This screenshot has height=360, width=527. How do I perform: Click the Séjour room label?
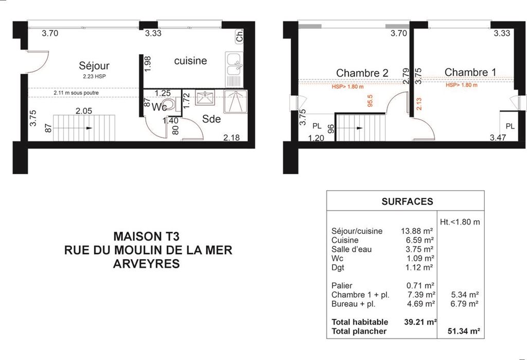point(94,66)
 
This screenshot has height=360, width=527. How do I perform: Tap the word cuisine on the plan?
point(190,61)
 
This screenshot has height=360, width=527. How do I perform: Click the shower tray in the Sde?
point(235,101)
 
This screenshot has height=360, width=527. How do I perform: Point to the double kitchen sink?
point(234,70)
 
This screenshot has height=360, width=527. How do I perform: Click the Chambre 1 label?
point(470,72)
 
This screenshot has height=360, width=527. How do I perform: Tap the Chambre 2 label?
point(362,73)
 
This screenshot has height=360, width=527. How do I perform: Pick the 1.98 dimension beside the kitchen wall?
point(148,63)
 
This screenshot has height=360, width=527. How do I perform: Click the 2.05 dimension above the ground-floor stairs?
point(84,111)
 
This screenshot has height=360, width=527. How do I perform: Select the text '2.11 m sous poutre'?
point(76,93)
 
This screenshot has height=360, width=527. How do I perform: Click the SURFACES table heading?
point(407,201)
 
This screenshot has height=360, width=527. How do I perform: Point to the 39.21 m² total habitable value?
point(420,322)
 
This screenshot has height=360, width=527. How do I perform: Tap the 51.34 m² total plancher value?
point(464,331)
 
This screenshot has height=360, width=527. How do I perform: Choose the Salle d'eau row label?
point(351,249)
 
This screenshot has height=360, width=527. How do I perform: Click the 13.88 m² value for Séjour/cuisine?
point(417,231)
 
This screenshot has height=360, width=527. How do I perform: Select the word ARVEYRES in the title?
point(146,264)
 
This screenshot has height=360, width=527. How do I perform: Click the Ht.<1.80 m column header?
point(460,222)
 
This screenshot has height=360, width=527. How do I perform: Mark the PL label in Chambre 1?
point(510,126)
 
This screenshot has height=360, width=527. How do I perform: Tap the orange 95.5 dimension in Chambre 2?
point(370,100)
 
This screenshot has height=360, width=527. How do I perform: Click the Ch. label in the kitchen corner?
point(239,36)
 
